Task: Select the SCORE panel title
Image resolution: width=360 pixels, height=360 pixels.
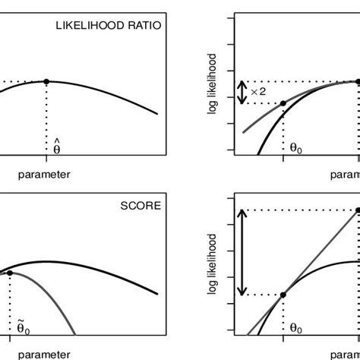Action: (x=139, y=206)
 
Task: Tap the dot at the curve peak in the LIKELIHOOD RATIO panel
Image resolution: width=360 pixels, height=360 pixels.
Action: (x=47, y=81)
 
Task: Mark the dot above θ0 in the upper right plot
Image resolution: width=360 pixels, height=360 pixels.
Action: (x=283, y=103)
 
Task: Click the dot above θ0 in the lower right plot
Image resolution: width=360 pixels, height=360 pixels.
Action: (x=283, y=295)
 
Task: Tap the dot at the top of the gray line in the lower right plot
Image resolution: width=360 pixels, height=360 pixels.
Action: (x=357, y=210)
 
